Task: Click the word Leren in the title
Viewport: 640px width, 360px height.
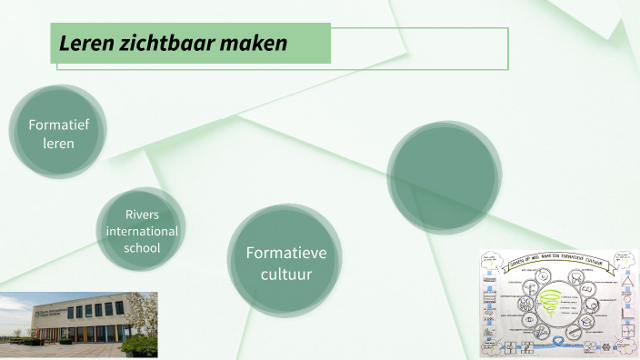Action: point(83,43)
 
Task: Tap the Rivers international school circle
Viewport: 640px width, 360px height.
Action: point(141,230)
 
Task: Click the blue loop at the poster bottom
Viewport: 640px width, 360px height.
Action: point(556,338)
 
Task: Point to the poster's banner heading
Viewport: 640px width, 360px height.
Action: point(555,262)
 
